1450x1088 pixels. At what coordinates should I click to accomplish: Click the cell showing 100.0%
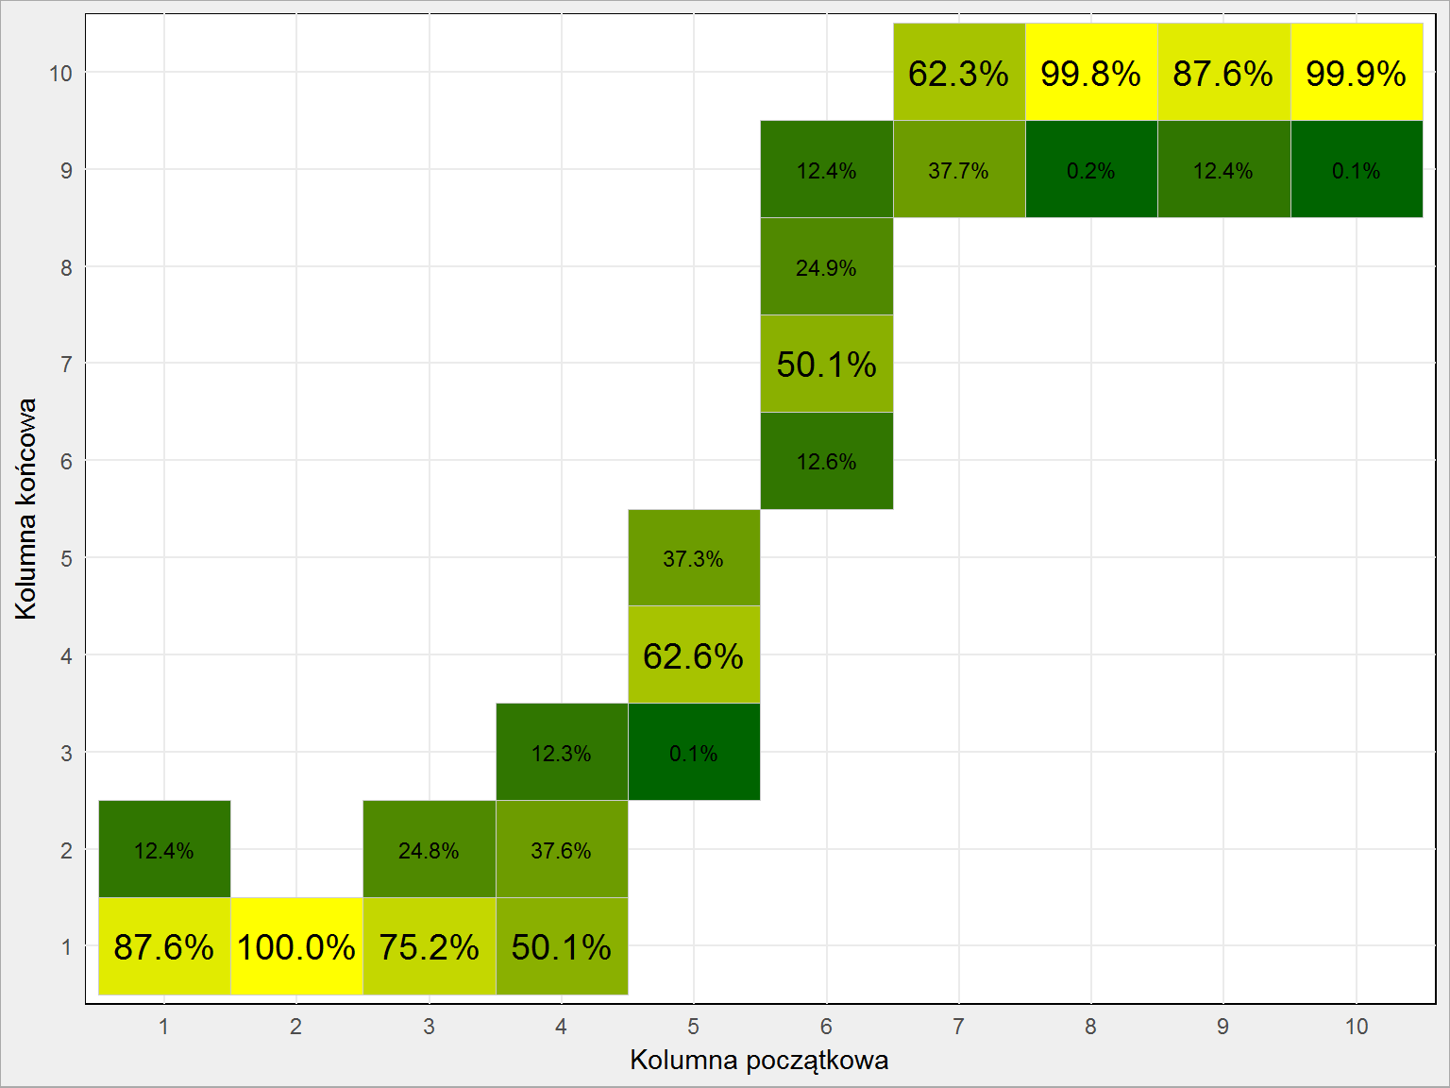(x=296, y=946)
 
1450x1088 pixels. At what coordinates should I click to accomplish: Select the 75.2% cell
(x=430, y=946)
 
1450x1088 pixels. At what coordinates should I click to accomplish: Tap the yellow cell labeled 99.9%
(x=1357, y=72)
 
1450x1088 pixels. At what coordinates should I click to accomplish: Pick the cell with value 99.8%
(x=1091, y=72)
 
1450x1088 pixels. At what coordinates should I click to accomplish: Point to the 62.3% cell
(x=959, y=72)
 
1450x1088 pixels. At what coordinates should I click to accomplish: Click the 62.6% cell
(x=694, y=654)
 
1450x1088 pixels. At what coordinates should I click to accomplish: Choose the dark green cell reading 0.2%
(x=1091, y=169)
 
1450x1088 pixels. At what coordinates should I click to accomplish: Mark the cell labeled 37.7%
(x=959, y=169)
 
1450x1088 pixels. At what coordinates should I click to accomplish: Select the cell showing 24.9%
(x=826, y=266)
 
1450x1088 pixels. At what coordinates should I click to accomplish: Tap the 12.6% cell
(x=826, y=461)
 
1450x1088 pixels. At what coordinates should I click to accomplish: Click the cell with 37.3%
(x=694, y=557)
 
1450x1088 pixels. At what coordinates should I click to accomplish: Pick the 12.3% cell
(x=562, y=752)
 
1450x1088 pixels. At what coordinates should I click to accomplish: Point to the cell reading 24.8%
(x=430, y=849)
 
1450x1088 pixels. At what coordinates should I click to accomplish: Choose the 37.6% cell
(x=562, y=849)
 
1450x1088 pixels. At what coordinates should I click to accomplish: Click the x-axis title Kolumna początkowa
(x=759, y=1061)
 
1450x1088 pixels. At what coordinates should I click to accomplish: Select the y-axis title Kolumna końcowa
(x=25, y=509)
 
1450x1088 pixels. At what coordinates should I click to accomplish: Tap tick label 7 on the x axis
(x=958, y=1027)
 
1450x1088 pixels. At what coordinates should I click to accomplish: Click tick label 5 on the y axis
(x=66, y=559)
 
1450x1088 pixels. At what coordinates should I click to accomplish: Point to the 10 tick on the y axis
(x=60, y=73)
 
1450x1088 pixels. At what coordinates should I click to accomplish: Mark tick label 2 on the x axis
(x=295, y=1027)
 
